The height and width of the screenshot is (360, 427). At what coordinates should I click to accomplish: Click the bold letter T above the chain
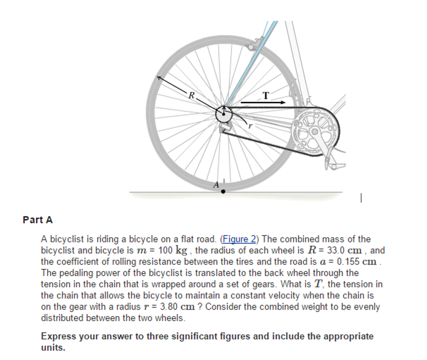266,95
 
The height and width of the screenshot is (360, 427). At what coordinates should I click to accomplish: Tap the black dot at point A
223,192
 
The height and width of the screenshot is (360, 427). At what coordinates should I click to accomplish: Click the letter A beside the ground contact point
216,185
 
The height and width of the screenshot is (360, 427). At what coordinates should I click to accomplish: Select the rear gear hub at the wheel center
222,115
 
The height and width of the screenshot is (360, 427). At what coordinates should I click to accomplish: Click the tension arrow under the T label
259,102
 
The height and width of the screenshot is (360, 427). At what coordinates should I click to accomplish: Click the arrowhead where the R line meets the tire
158,78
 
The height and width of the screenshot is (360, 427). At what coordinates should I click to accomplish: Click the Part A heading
38,220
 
